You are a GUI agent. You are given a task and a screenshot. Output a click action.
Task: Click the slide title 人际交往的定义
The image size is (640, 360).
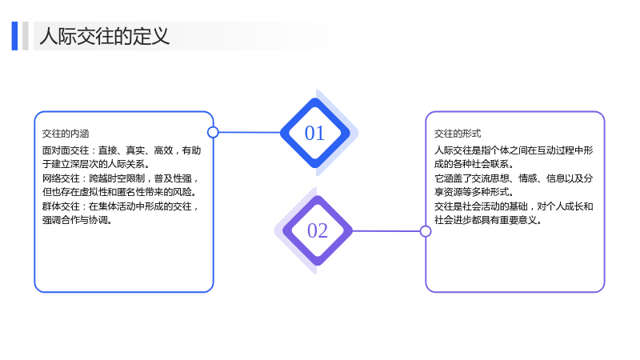(105, 36)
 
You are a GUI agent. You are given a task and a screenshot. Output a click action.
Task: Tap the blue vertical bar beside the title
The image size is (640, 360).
(14, 36)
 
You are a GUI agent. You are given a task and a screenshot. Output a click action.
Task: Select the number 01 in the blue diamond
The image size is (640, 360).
(314, 133)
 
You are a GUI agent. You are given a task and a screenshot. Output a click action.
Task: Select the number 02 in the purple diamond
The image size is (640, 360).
(318, 231)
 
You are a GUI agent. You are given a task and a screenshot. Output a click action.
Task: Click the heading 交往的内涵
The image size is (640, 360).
(66, 134)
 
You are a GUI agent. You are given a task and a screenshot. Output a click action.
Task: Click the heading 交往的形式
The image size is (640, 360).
(458, 134)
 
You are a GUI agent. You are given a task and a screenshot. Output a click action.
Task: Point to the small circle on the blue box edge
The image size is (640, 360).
(213, 132)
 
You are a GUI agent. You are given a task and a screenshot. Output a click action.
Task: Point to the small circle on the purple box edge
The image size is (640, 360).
(426, 231)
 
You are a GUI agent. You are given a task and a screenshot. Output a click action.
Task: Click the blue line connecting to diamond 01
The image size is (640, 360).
(250, 132)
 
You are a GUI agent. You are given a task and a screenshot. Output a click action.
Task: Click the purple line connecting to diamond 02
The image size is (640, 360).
(386, 231)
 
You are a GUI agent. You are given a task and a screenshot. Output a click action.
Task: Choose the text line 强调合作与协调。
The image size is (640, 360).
(77, 221)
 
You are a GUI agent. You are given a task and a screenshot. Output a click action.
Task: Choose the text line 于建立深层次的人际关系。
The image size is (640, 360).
(96, 164)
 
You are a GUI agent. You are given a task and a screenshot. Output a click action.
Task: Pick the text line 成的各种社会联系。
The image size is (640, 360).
(474, 164)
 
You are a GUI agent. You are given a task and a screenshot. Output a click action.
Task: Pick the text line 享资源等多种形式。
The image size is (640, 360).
(474, 192)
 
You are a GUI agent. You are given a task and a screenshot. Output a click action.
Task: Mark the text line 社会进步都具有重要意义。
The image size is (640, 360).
(488, 221)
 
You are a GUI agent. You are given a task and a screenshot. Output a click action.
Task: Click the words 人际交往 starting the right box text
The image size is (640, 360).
(453, 150)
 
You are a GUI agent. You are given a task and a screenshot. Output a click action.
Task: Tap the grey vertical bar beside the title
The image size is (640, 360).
(26, 36)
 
